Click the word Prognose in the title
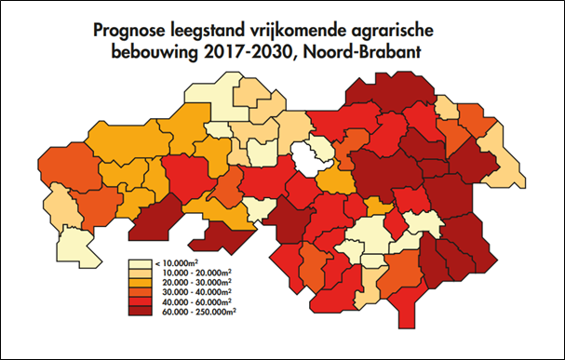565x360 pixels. [135, 31]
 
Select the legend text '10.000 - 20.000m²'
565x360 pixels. [193, 273]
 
